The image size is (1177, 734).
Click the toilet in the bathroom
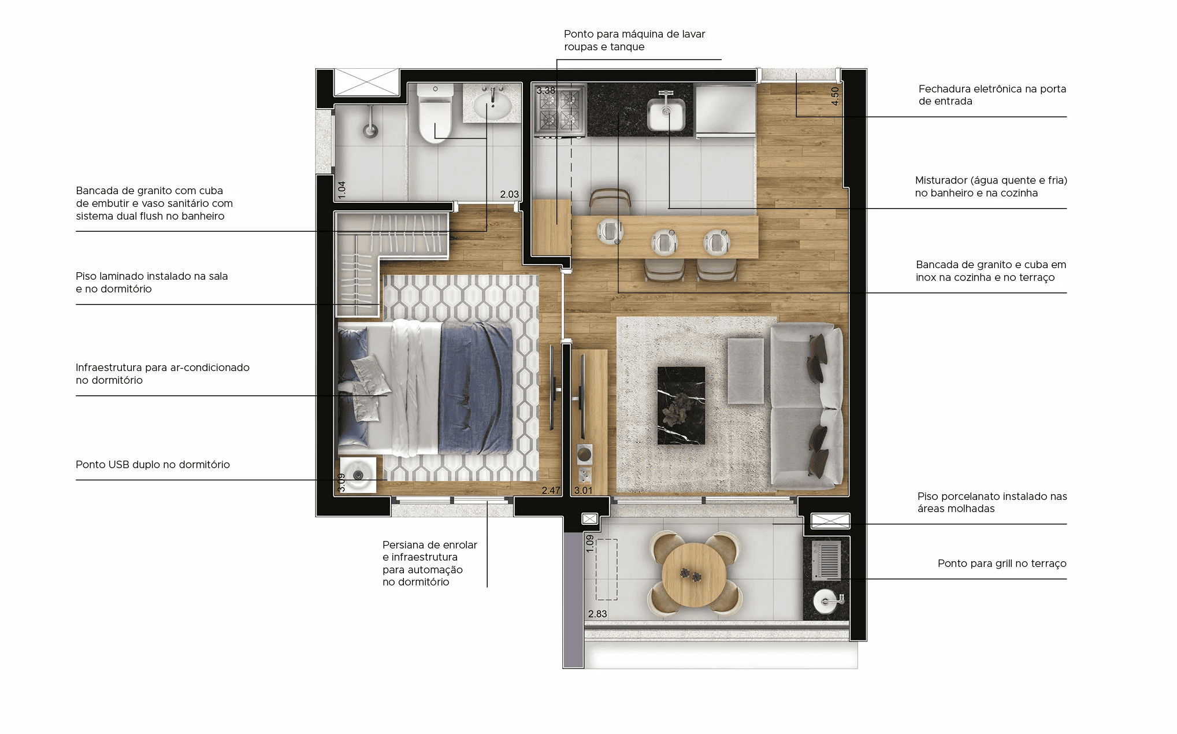(x=435, y=113)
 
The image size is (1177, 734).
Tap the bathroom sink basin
(x=492, y=105)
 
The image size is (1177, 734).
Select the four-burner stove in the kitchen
(x=559, y=112)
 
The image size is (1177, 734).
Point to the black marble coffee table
(x=681, y=406)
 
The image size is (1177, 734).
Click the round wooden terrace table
(x=694, y=574)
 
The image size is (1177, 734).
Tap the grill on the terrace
(x=826, y=559)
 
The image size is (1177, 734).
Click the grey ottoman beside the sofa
(x=745, y=370)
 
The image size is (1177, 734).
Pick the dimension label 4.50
(x=834, y=96)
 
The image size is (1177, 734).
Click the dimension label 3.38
(x=545, y=90)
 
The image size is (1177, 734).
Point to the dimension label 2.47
(x=551, y=490)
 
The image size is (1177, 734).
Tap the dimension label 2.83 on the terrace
(x=597, y=614)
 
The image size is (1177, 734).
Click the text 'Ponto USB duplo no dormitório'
(x=153, y=465)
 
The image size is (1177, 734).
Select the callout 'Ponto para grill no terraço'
(x=1002, y=564)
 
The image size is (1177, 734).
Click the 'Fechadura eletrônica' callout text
(x=992, y=95)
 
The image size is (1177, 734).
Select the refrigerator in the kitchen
(x=725, y=112)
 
